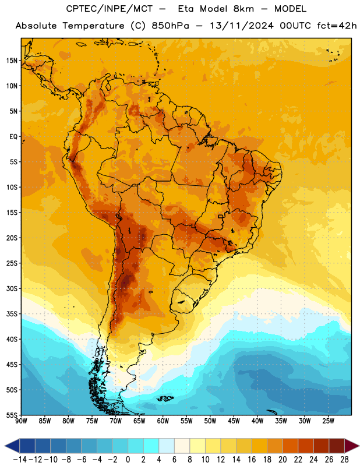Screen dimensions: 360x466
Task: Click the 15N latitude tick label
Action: click(12, 61)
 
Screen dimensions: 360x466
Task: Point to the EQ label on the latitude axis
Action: click(13, 137)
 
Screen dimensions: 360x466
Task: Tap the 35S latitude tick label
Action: click(12, 314)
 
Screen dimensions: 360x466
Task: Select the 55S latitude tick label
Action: click(12, 415)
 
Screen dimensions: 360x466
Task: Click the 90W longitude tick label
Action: click(21, 421)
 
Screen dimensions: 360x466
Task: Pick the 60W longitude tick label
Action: click(163, 421)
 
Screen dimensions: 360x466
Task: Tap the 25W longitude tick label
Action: click(328, 421)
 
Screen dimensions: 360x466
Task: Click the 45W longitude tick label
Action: click(234, 421)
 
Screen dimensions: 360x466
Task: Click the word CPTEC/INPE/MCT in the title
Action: click(109, 9)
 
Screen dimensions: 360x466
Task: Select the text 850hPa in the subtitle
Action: click(170, 26)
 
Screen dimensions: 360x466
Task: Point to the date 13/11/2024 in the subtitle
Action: click(241, 26)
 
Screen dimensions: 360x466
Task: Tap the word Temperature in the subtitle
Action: click(93, 26)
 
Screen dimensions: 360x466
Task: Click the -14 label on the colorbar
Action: click(20, 460)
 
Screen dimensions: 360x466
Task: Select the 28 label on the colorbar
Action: click(344, 460)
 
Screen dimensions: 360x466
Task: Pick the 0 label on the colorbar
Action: click(128, 460)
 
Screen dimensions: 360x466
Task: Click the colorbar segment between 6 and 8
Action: click(182, 446)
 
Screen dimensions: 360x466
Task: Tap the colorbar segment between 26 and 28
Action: click(337, 446)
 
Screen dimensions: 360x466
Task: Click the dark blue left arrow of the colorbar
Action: click(12, 446)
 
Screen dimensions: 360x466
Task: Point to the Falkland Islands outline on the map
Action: click(165, 398)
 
